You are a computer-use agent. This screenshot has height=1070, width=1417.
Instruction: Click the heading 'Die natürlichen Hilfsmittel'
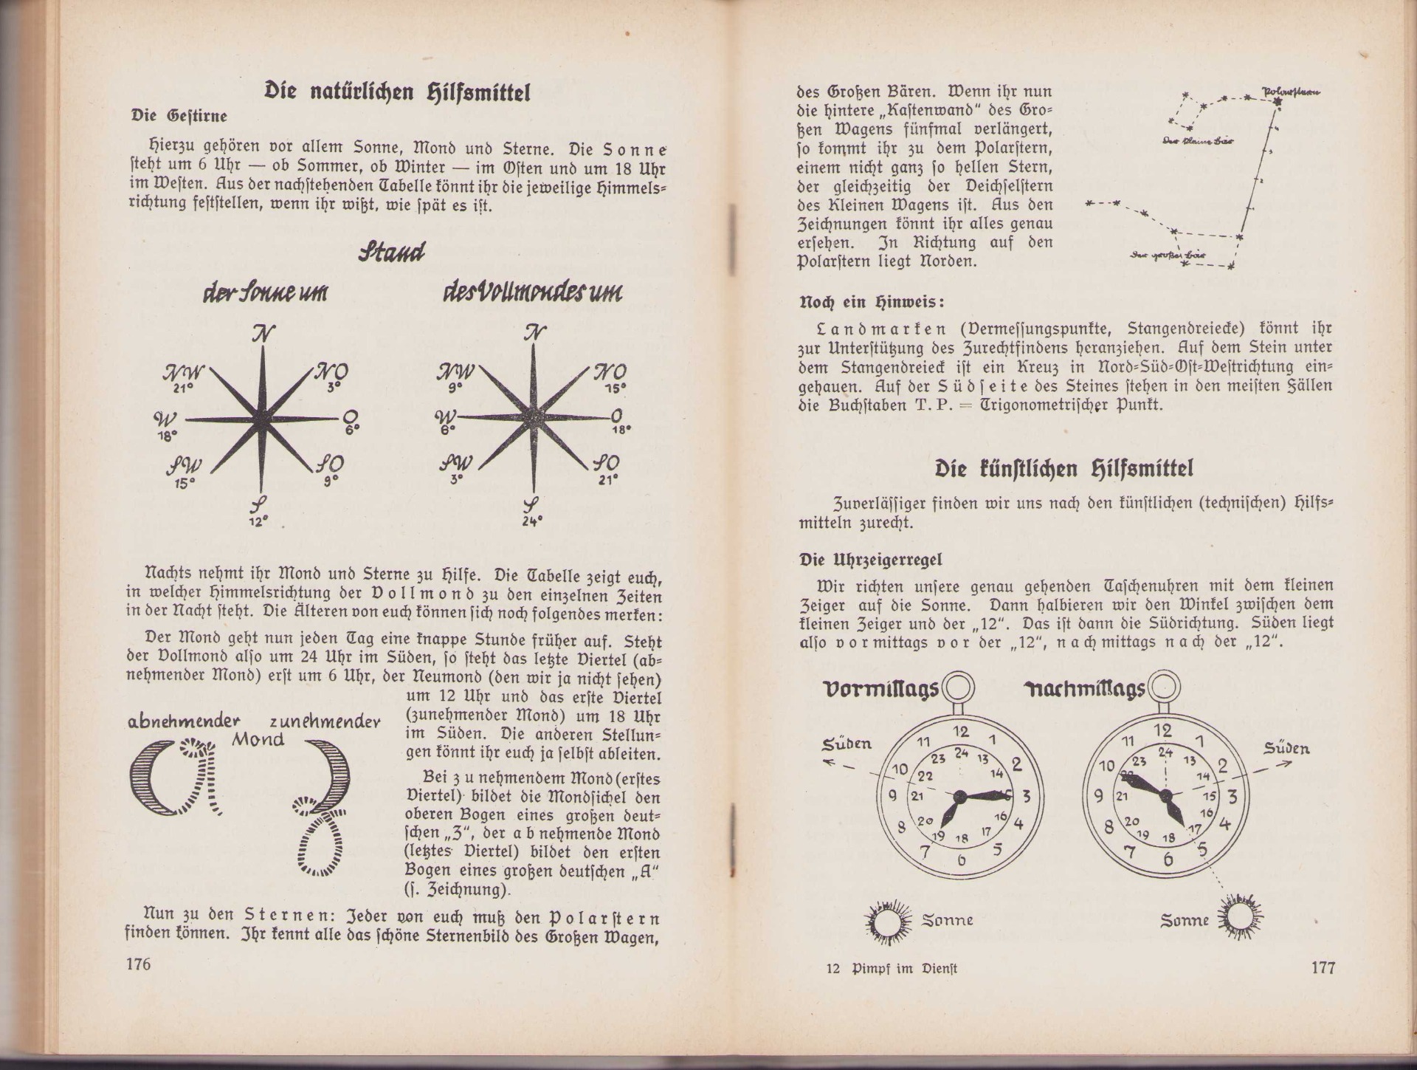point(398,92)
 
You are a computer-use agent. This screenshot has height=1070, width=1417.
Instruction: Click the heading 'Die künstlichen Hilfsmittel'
point(1063,468)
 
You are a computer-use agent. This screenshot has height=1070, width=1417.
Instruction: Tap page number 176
point(138,964)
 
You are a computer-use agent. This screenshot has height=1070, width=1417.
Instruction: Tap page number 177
point(1322,967)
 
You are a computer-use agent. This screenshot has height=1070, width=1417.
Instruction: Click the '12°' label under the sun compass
point(258,521)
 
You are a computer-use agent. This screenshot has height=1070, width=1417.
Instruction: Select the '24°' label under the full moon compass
point(532,520)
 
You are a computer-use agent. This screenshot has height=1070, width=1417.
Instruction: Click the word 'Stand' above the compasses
point(392,253)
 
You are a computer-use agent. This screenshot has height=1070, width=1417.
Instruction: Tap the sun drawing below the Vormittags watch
point(883,920)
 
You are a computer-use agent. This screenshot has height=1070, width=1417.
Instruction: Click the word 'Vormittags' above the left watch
point(880,689)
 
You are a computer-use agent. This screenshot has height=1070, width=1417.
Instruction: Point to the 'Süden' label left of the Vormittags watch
point(847,743)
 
